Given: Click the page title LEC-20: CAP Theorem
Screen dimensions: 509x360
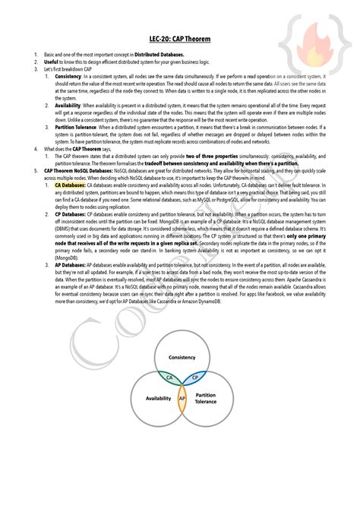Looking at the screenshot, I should [180, 37].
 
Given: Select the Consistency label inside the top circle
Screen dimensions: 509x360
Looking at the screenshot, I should [182, 357].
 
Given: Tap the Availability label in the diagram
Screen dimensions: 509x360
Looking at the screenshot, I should [159, 398].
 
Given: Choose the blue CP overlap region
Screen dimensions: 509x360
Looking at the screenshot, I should [194, 376].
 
